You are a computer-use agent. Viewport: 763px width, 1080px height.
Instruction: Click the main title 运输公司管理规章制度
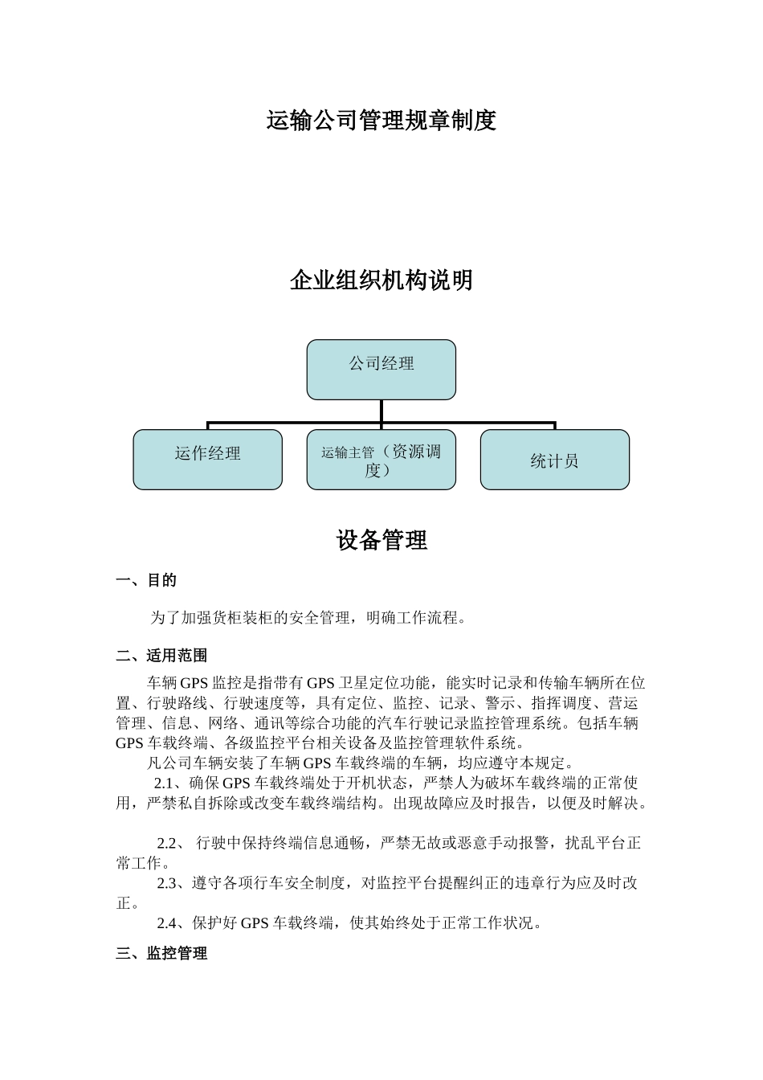pyautogui.click(x=381, y=121)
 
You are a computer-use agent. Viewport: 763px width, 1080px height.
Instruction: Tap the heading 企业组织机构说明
pyautogui.click(x=381, y=280)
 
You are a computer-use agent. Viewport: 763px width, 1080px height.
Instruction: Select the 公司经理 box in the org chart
pyautogui.click(x=381, y=369)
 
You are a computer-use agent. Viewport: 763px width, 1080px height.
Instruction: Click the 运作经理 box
pyautogui.click(x=207, y=459)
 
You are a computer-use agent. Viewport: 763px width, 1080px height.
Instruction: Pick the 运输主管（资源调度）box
pyautogui.click(x=381, y=459)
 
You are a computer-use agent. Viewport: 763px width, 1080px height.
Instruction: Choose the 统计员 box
pyautogui.click(x=554, y=459)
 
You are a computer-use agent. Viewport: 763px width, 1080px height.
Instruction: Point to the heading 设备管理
pyautogui.click(x=381, y=541)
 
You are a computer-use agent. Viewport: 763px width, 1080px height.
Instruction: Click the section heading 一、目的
pyautogui.click(x=146, y=580)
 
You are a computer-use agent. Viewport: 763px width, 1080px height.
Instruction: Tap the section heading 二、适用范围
pyautogui.click(x=161, y=656)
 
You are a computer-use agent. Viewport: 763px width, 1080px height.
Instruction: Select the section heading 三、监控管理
pyautogui.click(x=161, y=954)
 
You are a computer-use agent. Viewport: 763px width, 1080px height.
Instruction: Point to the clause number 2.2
pyautogui.click(x=167, y=844)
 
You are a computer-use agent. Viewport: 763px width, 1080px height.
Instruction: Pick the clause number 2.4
pyautogui.click(x=167, y=923)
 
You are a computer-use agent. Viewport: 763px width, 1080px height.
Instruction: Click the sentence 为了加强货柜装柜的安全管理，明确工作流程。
pyautogui.click(x=308, y=618)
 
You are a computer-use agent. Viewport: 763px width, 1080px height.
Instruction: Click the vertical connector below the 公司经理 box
pyautogui.click(x=381, y=411)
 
